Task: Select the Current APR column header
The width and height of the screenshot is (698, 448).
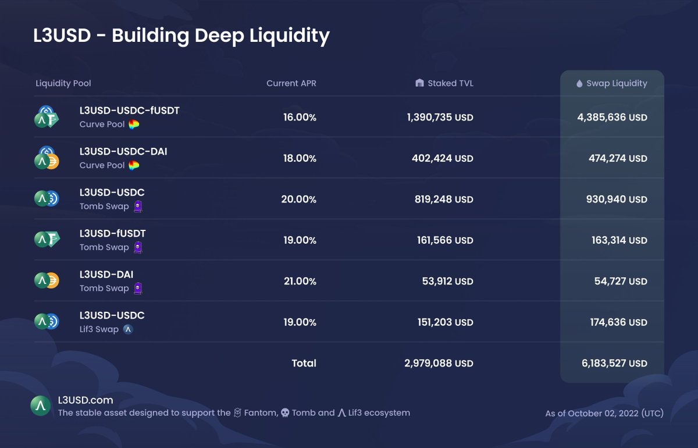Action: [x=291, y=83]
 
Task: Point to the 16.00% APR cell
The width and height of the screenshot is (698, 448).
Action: [x=300, y=118]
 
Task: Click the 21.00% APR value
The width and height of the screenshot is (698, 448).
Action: [x=300, y=282]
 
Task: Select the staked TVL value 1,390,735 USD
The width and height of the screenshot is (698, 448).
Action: [x=440, y=118]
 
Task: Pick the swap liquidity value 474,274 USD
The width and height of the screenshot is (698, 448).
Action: [x=618, y=158]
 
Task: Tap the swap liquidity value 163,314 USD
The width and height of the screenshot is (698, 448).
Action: [x=618, y=240]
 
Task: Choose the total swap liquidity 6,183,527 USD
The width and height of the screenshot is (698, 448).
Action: [x=614, y=364]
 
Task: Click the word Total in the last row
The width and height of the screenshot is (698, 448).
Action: [x=304, y=364]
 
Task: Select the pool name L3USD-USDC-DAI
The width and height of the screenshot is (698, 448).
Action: [x=123, y=152]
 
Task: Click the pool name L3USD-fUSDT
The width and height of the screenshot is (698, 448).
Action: [x=112, y=234]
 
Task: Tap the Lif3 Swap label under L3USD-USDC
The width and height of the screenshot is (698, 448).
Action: [x=99, y=329]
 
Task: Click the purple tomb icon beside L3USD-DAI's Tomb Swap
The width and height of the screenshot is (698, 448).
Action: [x=138, y=289]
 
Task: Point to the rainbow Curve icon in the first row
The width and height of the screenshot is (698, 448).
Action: [x=134, y=125]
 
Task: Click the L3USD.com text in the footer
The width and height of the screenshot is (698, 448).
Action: [x=86, y=400]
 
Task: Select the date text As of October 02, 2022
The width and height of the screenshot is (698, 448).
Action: [x=604, y=414]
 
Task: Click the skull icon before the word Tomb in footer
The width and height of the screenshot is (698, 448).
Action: [x=285, y=413]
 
